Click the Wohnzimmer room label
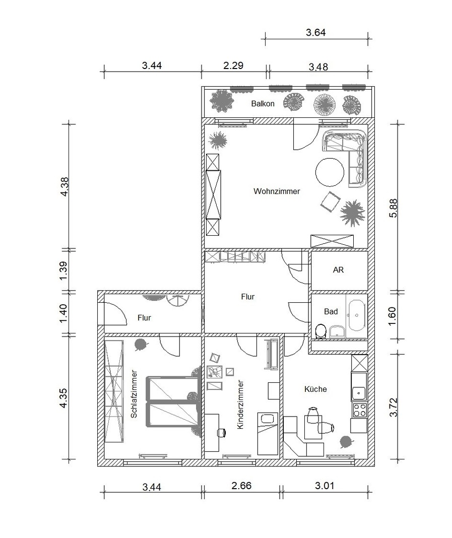point(277,191)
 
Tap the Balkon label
point(263,104)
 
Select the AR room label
point(338,270)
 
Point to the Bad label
point(331,311)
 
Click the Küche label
point(315,389)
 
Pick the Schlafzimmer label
point(134,394)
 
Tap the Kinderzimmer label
point(240,405)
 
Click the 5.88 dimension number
point(394,208)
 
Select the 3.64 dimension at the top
point(316,33)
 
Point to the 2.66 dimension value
point(241,486)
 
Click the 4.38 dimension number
point(64,187)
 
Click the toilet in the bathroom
point(320,331)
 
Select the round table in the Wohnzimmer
point(330,172)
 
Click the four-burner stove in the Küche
point(359,410)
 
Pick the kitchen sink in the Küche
point(359,391)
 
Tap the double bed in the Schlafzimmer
point(173,402)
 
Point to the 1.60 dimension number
point(393,316)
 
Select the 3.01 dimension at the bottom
point(325,486)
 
